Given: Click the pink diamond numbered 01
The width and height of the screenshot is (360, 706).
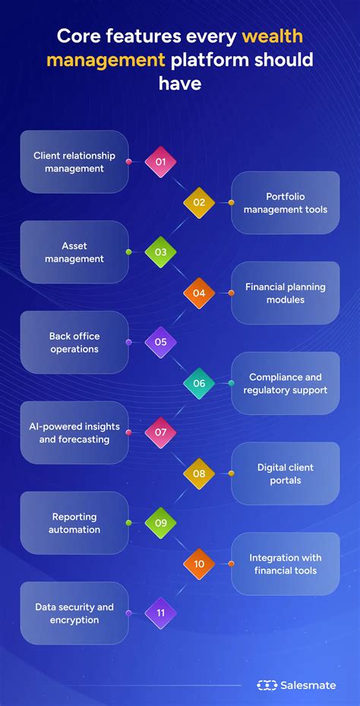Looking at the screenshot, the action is pyautogui.click(x=161, y=162).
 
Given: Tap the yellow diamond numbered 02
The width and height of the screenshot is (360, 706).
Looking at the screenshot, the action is pyautogui.click(x=199, y=203).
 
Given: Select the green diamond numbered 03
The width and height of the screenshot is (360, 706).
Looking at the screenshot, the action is pyautogui.click(x=161, y=252).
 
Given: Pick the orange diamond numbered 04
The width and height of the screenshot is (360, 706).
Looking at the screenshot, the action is pyautogui.click(x=199, y=293).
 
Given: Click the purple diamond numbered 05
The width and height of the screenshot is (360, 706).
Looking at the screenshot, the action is pyautogui.click(x=161, y=342).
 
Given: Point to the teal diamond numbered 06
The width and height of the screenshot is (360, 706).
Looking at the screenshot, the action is pyautogui.click(x=199, y=383).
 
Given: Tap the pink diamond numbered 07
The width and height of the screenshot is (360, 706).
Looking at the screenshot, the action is pyautogui.click(x=161, y=432).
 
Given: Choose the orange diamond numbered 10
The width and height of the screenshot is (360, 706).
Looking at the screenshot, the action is pyautogui.click(x=199, y=564).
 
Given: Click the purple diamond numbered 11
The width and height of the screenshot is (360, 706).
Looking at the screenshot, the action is pyautogui.click(x=161, y=613).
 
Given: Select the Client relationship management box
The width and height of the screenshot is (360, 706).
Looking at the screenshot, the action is pyautogui.click(x=74, y=162).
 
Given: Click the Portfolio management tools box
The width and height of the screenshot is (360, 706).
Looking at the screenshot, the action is pyautogui.click(x=286, y=203).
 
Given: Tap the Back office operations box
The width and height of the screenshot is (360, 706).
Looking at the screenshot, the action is pyautogui.click(x=74, y=342).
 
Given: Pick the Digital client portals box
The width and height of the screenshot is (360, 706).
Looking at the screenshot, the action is pyautogui.click(x=286, y=473).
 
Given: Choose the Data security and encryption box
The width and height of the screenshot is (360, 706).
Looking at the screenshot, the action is pyautogui.click(x=74, y=613).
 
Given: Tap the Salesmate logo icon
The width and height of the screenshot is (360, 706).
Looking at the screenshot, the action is pyautogui.click(x=266, y=685).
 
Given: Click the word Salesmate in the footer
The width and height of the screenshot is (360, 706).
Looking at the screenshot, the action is pyautogui.click(x=308, y=685).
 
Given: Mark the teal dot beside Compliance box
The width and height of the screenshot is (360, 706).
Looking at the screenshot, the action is pyautogui.click(x=232, y=383).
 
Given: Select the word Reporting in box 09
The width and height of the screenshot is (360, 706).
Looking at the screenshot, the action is pyautogui.click(x=74, y=517).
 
